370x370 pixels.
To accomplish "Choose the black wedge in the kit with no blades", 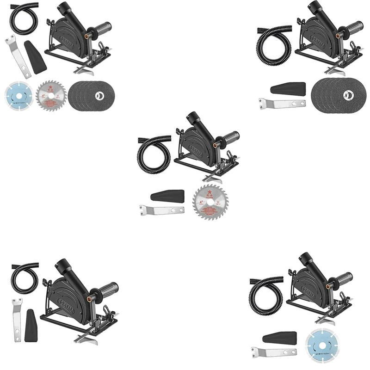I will pos(32,323).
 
